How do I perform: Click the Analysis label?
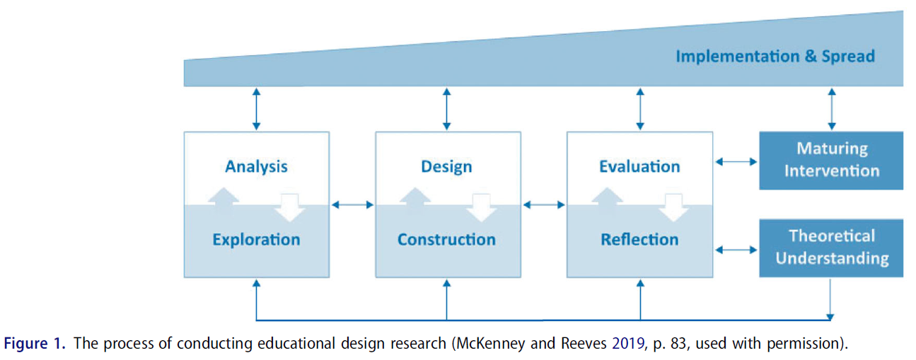point(256,167)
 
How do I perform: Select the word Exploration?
point(256,240)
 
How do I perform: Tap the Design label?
point(446,167)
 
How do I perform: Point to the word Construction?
point(446,240)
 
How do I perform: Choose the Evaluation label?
point(639,167)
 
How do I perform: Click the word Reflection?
point(639,240)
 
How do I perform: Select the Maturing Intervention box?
point(831,160)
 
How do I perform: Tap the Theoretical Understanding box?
point(831,248)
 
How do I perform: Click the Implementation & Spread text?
point(775,57)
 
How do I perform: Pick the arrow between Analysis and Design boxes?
point(352,205)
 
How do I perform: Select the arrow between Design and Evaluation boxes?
point(544,205)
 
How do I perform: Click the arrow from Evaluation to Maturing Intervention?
point(736,162)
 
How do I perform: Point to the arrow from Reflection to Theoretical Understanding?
point(736,250)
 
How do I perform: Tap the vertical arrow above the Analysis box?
point(257,109)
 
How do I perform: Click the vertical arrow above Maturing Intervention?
point(832,109)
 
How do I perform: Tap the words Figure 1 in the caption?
point(35,344)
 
